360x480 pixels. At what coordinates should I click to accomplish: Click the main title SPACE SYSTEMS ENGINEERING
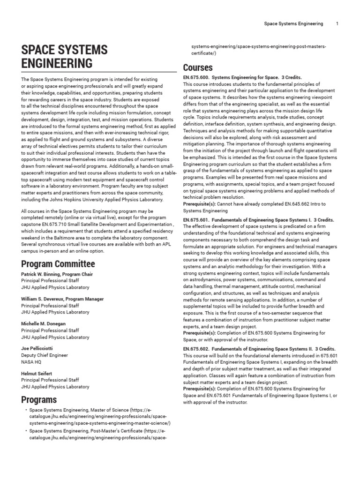click(x=64, y=56)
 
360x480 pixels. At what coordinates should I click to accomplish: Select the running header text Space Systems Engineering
click(x=293, y=23)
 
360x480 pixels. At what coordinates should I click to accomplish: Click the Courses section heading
click(x=197, y=67)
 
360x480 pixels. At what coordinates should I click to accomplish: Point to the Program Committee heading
click(x=58, y=264)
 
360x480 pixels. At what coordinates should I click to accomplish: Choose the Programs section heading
click(x=39, y=399)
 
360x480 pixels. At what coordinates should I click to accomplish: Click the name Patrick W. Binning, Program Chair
click(x=57, y=274)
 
